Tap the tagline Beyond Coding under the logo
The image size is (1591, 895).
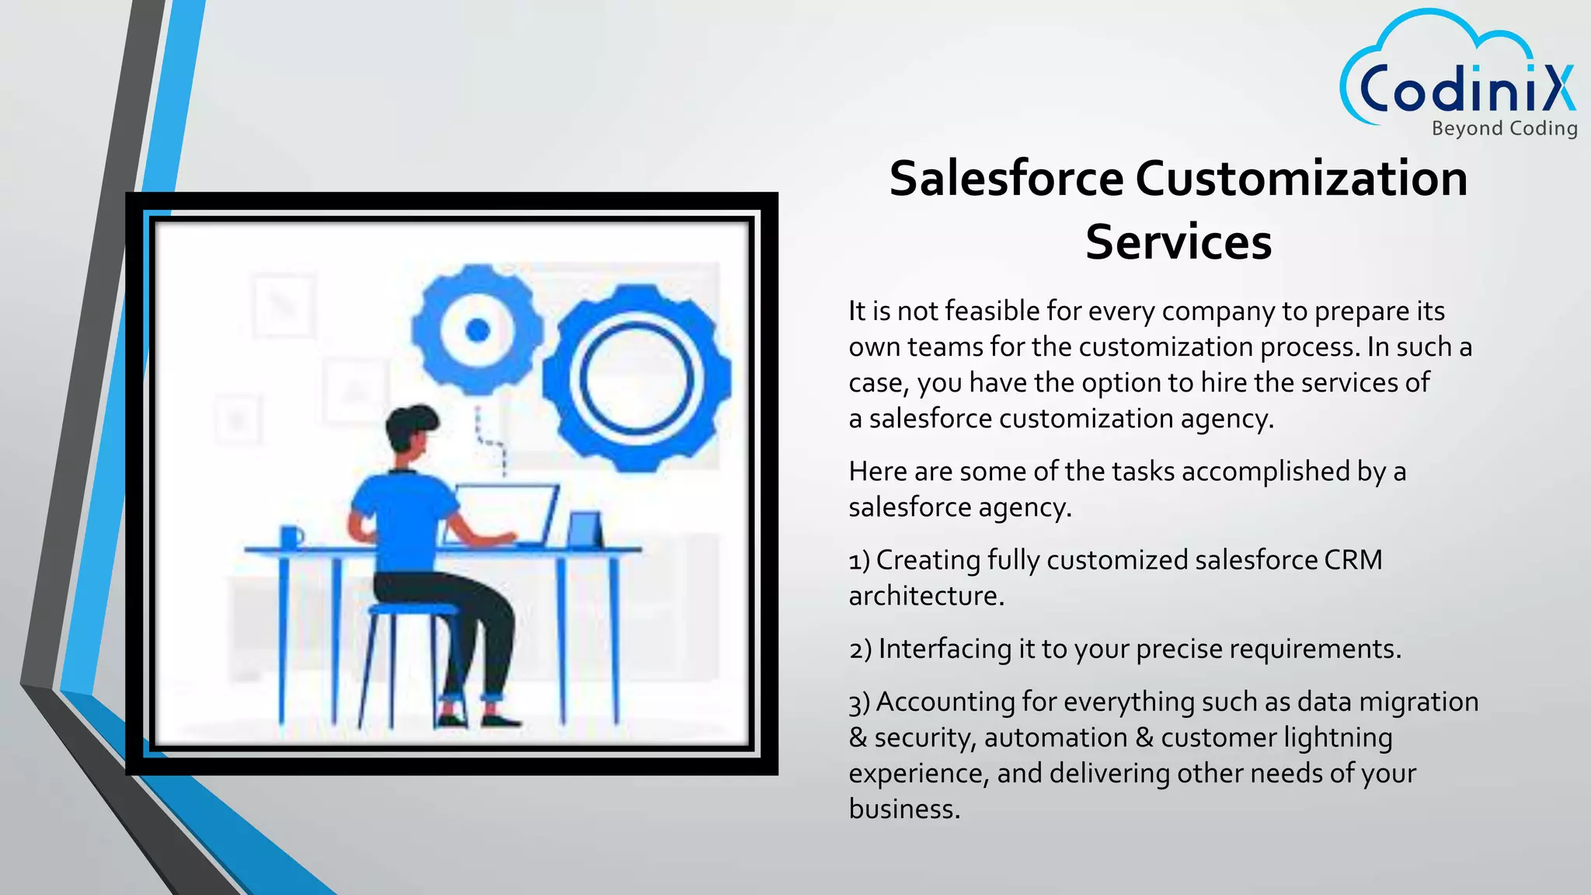point(1504,128)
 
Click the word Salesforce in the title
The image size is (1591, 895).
point(1006,179)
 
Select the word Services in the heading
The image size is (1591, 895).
point(1178,242)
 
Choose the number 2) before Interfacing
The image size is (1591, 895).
point(860,649)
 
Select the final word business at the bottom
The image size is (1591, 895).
point(903,810)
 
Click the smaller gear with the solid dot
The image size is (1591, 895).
point(477,329)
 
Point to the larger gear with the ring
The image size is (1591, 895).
point(636,379)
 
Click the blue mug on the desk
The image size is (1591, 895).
point(291,536)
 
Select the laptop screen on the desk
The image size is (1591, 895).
point(505,513)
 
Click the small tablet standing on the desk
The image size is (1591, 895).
point(584,530)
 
